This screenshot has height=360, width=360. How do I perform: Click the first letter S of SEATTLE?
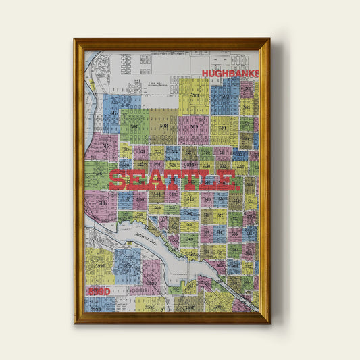118,180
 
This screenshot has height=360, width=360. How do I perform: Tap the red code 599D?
98,290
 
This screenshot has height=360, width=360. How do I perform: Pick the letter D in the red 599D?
107,290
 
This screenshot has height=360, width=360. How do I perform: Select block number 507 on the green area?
134,126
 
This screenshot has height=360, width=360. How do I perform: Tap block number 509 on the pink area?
194,126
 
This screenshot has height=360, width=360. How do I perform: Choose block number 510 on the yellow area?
224,126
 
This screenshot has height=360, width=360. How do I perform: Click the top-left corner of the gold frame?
75,39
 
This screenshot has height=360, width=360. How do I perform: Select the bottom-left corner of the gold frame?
75,323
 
